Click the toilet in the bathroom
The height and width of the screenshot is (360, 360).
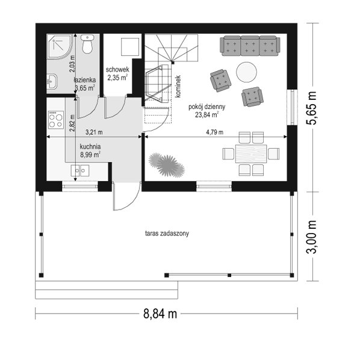[x=87, y=44]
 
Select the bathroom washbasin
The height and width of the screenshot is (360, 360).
[x=52, y=81]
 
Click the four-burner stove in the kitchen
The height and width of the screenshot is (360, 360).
[x=56, y=120]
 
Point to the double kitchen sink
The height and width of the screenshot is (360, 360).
[x=80, y=170]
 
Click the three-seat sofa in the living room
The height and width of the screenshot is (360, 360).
[x=250, y=46]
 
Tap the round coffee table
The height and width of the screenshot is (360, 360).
[x=246, y=72]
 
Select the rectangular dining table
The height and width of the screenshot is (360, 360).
[x=251, y=154]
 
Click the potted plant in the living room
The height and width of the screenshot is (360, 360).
[x=167, y=165]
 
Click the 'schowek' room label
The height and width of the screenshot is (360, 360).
[x=117, y=70]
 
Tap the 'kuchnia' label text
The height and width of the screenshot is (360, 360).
[x=90, y=146]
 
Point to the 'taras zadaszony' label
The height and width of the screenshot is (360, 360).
[x=167, y=234]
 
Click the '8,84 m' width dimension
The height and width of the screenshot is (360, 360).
[x=160, y=314]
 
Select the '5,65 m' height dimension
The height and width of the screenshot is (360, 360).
[x=312, y=108]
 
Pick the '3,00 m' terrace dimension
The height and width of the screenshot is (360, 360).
[x=312, y=237]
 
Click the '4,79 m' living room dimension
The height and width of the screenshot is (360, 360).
[x=214, y=132]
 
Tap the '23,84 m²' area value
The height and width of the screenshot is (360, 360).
[x=206, y=114]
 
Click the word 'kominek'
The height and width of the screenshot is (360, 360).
[x=178, y=87]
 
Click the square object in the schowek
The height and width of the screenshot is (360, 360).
[x=130, y=47]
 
